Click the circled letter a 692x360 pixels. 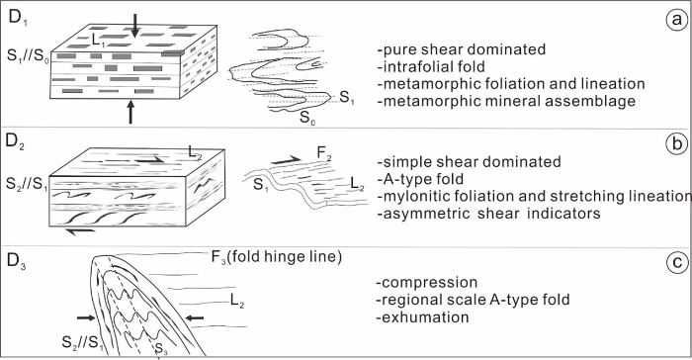(x=676, y=20)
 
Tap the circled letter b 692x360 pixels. (x=676, y=144)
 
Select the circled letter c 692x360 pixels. (x=676, y=262)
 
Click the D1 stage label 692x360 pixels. (x=17, y=19)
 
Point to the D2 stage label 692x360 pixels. (x=16, y=142)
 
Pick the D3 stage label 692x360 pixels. (x=17, y=261)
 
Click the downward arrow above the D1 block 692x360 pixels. (x=135, y=25)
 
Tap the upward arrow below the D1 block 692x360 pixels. (x=130, y=112)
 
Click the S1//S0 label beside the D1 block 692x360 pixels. (x=28, y=57)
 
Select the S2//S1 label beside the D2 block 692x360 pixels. (x=27, y=184)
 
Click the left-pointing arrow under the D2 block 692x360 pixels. (x=80, y=230)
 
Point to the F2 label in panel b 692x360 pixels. (x=324, y=153)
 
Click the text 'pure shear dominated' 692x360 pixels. (x=462, y=49)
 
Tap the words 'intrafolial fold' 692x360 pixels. (x=431, y=66)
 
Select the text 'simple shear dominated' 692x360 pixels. (x=470, y=161)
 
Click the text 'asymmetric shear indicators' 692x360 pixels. (x=489, y=214)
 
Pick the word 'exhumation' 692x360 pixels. (x=423, y=317)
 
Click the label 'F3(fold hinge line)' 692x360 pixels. (x=277, y=257)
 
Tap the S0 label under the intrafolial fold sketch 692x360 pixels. (x=307, y=118)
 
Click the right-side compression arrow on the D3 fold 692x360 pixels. (x=194, y=317)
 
